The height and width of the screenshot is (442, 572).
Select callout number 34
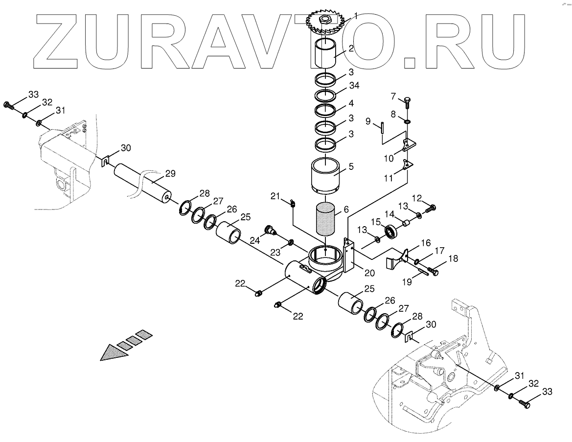[354, 86]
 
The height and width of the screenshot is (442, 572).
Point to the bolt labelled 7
[407, 102]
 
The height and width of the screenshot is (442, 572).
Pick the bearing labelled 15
[390, 231]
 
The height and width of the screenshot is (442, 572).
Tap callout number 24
[255, 240]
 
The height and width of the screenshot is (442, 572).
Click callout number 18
[454, 259]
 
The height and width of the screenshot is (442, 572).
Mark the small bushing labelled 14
[406, 224]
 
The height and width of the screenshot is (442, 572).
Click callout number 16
[425, 243]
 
